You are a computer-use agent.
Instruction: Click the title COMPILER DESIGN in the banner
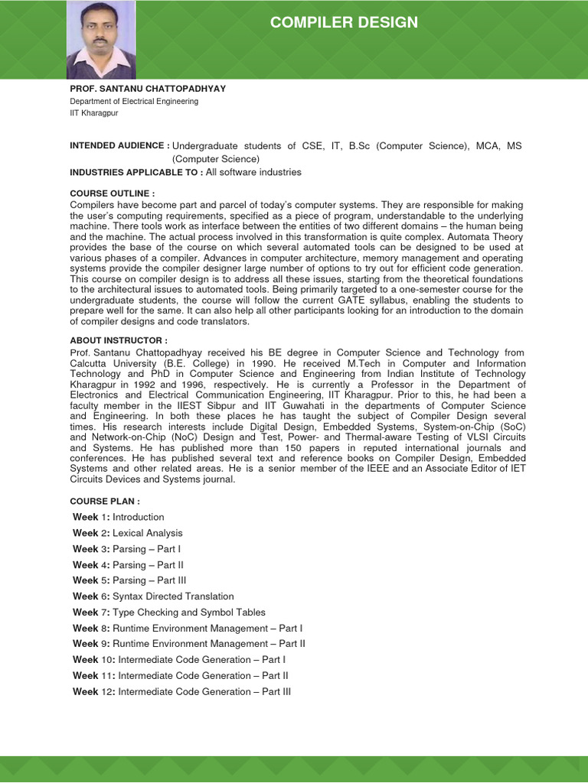point(344,23)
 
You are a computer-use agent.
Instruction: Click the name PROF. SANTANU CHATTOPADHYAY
point(148,89)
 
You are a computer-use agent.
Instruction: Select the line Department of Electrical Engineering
point(134,101)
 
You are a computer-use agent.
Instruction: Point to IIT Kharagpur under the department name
point(94,113)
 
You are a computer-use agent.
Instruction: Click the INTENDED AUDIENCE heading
point(119,145)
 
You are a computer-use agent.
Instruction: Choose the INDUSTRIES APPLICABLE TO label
point(136,172)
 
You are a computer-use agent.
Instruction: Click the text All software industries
point(253,172)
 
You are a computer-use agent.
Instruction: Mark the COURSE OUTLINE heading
point(112,193)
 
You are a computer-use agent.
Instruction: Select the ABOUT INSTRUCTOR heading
point(119,340)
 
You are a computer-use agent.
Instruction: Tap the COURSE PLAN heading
point(105,501)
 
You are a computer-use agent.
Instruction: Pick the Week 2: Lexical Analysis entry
point(128,533)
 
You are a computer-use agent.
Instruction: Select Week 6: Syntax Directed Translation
point(153,596)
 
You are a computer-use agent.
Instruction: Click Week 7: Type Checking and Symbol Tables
point(169,612)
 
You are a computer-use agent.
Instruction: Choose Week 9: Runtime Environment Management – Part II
point(189,644)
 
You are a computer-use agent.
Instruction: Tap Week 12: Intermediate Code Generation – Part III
point(182,692)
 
